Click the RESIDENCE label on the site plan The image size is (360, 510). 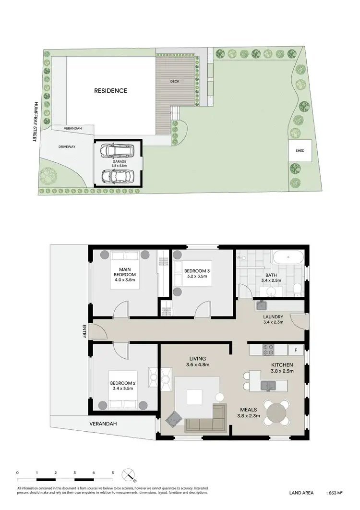coord(110,90)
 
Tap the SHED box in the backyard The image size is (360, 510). coord(300,150)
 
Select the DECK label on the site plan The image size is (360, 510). coord(175,82)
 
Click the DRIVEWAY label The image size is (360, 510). coord(67,146)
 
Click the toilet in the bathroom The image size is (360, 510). coord(298,288)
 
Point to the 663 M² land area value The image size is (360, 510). coord(336,493)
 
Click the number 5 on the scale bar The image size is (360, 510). coord(112,473)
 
